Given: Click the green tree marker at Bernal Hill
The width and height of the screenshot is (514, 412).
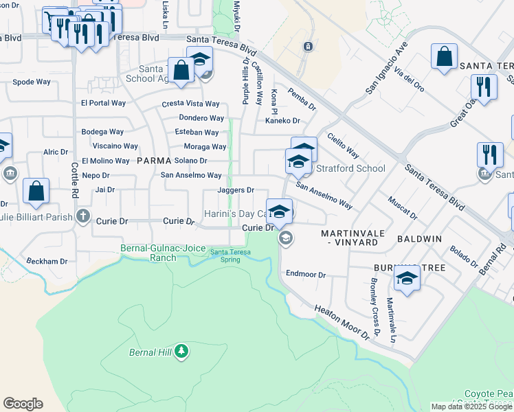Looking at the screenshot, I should pos(181,352).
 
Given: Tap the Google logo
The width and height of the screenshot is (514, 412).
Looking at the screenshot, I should pos(23,404).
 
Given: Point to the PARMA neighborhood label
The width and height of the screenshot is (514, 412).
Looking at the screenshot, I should pos(153,161).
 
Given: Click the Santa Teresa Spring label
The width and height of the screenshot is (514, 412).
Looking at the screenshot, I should pos(230,255).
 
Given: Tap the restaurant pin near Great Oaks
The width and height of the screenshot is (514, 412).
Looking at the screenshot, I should pos(484,87).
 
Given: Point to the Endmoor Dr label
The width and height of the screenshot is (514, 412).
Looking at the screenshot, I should pos(306,274).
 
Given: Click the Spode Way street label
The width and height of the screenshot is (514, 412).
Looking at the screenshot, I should pos(32,82).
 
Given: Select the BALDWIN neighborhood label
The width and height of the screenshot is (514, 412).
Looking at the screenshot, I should pos(419,240).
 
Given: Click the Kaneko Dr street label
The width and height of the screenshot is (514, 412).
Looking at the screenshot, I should pos(283,121).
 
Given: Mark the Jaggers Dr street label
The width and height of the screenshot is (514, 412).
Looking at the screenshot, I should pos(236,190).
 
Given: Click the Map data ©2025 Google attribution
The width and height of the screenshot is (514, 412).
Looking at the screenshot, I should pos(472,407).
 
